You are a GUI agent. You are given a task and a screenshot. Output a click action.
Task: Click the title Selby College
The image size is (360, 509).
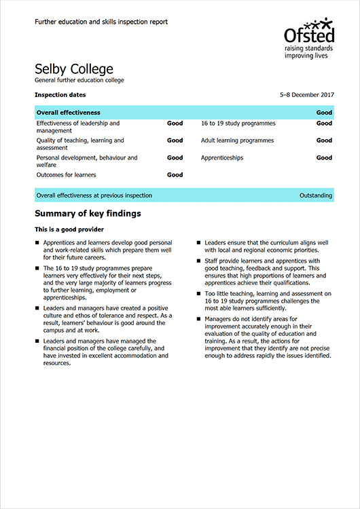coord(74,69)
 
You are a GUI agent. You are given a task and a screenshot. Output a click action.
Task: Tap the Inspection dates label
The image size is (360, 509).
coord(60,95)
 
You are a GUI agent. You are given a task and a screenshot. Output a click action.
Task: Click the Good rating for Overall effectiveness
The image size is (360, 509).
coord(324,113)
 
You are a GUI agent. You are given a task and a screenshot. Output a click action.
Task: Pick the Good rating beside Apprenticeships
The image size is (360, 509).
coord(324,157)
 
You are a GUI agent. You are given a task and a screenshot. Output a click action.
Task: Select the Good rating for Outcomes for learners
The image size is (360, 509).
coord(175,174)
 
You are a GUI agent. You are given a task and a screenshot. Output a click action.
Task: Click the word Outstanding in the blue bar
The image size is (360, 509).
coord(316,195)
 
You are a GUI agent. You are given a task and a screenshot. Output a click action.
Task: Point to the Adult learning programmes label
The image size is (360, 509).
coord(237,140)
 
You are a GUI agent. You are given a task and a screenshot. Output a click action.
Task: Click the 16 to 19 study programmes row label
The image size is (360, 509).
coord(238,124)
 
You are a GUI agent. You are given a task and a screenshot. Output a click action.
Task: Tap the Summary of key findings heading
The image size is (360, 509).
coord(88,214)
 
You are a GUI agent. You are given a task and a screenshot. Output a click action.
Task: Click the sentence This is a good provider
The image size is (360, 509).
coord(69,230)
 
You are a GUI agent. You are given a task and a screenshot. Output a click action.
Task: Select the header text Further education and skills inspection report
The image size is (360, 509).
coord(101,22)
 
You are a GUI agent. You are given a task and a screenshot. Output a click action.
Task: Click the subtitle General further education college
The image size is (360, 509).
coord(79,81)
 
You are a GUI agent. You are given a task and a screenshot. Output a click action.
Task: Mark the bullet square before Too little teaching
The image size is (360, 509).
coord(200,293)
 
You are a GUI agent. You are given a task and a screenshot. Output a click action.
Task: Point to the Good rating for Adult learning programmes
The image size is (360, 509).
coord(324,140)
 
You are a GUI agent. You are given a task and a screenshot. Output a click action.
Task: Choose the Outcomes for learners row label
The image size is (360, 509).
coord(66,174)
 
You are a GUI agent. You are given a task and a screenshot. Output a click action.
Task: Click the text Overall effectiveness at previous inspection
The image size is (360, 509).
coord(94,195)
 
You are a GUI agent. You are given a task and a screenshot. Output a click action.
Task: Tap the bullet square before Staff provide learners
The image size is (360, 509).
coord(200,261)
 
